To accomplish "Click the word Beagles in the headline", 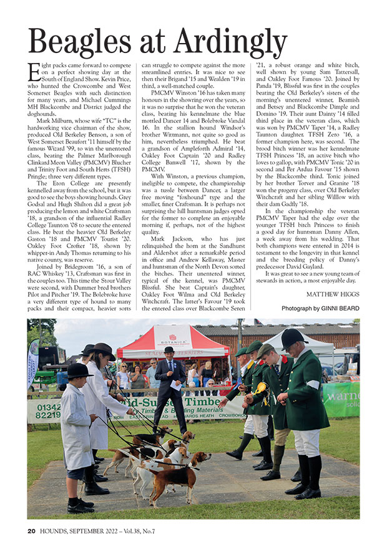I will [x=86, y=42].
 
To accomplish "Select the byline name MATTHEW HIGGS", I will [x=333, y=293].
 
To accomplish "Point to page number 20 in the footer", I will [x=31, y=531].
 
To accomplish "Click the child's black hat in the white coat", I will [x=79, y=370].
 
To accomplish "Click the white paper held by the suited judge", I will [x=177, y=386].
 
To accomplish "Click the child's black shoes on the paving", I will [x=81, y=504].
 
